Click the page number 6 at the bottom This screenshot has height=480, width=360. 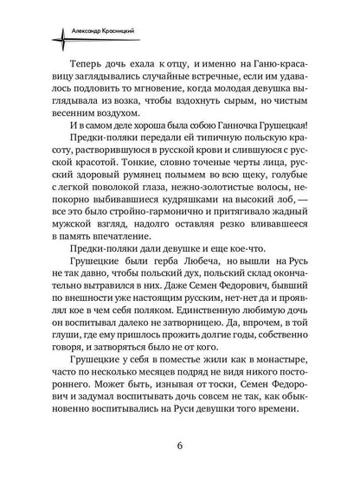click(181, 446)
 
